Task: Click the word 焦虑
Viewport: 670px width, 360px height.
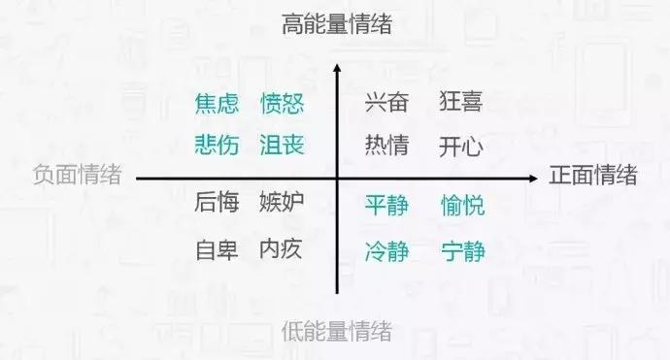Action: [217, 103]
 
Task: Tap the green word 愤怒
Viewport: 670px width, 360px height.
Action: [283, 103]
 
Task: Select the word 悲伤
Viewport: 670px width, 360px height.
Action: [217, 147]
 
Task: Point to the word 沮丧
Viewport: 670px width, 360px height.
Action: [283, 147]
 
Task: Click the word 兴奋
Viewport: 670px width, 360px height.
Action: [386, 102]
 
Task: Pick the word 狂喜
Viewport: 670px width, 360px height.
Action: [460, 102]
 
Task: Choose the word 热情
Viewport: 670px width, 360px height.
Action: [386, 147]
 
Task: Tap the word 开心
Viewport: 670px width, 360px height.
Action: [460, 147]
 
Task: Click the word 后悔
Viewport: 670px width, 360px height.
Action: [217, 203]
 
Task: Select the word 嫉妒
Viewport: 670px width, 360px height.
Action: [282, 203]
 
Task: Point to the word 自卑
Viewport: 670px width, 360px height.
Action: [217, 249]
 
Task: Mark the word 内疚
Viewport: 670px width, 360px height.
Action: [282, 249]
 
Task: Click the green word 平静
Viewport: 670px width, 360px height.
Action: [386, 206]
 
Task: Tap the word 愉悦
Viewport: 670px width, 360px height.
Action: [462, 206]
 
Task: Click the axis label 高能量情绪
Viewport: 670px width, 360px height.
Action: [337, 25]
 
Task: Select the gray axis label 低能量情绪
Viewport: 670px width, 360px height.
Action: [337, 333]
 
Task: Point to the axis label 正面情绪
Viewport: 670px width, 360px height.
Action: [593, 177]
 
